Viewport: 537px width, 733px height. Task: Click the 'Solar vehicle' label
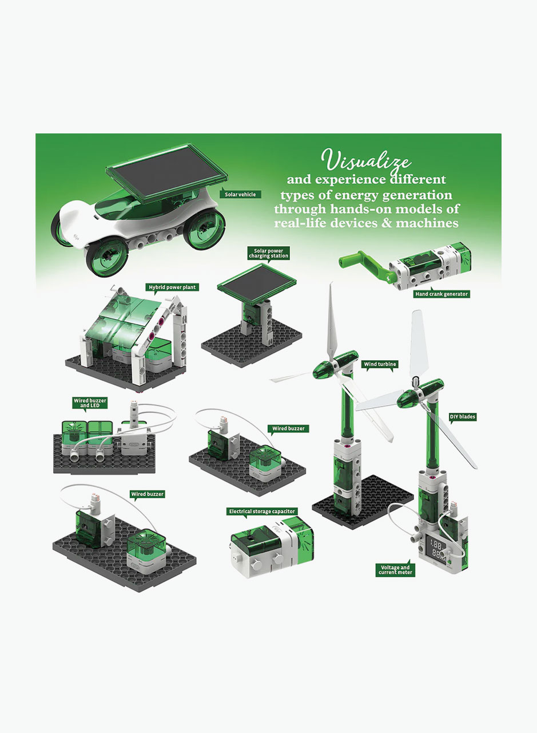(x=240, y=194)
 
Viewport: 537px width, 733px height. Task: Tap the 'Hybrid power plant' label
(x=172, y=287)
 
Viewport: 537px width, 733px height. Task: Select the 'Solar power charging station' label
(x=268, y=253)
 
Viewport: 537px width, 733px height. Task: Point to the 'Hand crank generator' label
(x=441, y=294)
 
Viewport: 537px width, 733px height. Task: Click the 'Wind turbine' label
(x=380, y=364)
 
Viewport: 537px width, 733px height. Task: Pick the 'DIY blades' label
(x=463, y=416)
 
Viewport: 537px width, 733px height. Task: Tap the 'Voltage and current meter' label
(x=395, y=569)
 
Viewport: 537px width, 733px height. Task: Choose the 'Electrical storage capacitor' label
(x=262, y=511)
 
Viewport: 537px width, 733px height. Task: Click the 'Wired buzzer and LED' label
(x=90, y=403)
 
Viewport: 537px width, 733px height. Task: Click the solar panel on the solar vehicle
(x=166, y=172)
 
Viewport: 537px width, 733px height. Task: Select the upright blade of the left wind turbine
(x=331, y=322)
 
